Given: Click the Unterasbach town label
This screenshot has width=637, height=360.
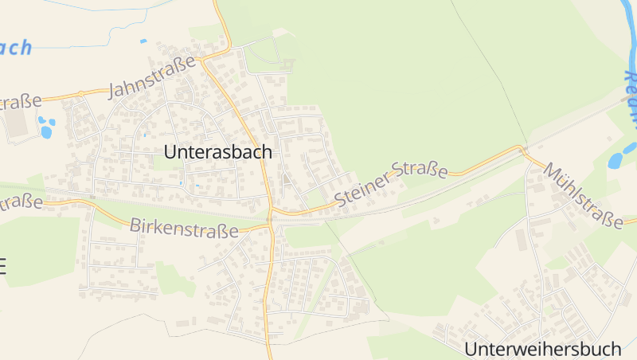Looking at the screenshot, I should [217, 151].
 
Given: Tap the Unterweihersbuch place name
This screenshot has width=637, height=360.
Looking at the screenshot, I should [542, 348].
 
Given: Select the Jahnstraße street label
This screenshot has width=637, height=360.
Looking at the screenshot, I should [151, 78].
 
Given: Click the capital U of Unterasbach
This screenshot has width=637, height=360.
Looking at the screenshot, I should [170, 151].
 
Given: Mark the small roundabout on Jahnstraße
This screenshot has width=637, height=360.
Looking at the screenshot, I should [80, 94].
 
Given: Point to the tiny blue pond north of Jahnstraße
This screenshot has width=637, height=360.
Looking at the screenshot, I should [143, 41].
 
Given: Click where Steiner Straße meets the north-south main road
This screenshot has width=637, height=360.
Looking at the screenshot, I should [272, 213].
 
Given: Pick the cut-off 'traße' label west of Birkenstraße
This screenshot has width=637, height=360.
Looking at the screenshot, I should [21, 202].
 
